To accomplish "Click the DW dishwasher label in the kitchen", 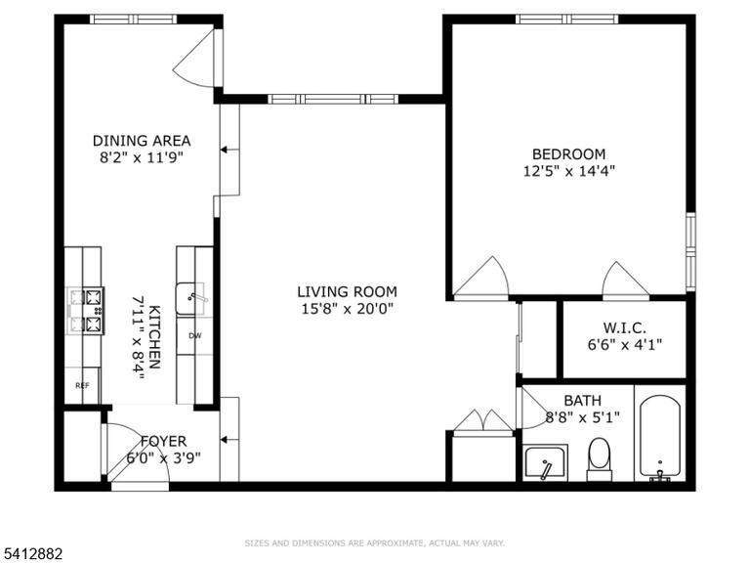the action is (x=195, y=335).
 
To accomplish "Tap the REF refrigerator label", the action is (x=82, y=385).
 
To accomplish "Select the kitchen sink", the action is (x=191, y=299).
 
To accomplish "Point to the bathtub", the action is (x=660, y=437).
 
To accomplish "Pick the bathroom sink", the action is (x=546, y=462).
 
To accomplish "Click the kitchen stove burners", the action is (x=86, y=311).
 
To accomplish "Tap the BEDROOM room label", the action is (x=568, y=154).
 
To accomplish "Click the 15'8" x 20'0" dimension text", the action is (x=348, y=309).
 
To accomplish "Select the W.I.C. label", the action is (x=624, y=328).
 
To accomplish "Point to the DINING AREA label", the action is (x=142, y=141).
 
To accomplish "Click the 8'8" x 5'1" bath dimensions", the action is (x=583, y=417).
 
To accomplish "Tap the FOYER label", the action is (x=164, y=441).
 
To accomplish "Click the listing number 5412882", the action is (x=31, y=554).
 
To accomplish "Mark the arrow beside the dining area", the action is (x=229, y=150).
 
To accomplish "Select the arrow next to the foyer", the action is (x=229, y=440).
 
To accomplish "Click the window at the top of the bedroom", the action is (x=566, y=20).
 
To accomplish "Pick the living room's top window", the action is (x=333, y=99).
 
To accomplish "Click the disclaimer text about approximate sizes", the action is (x=375, y=542).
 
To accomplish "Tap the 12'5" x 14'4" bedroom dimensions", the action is (x=568, y=171).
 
